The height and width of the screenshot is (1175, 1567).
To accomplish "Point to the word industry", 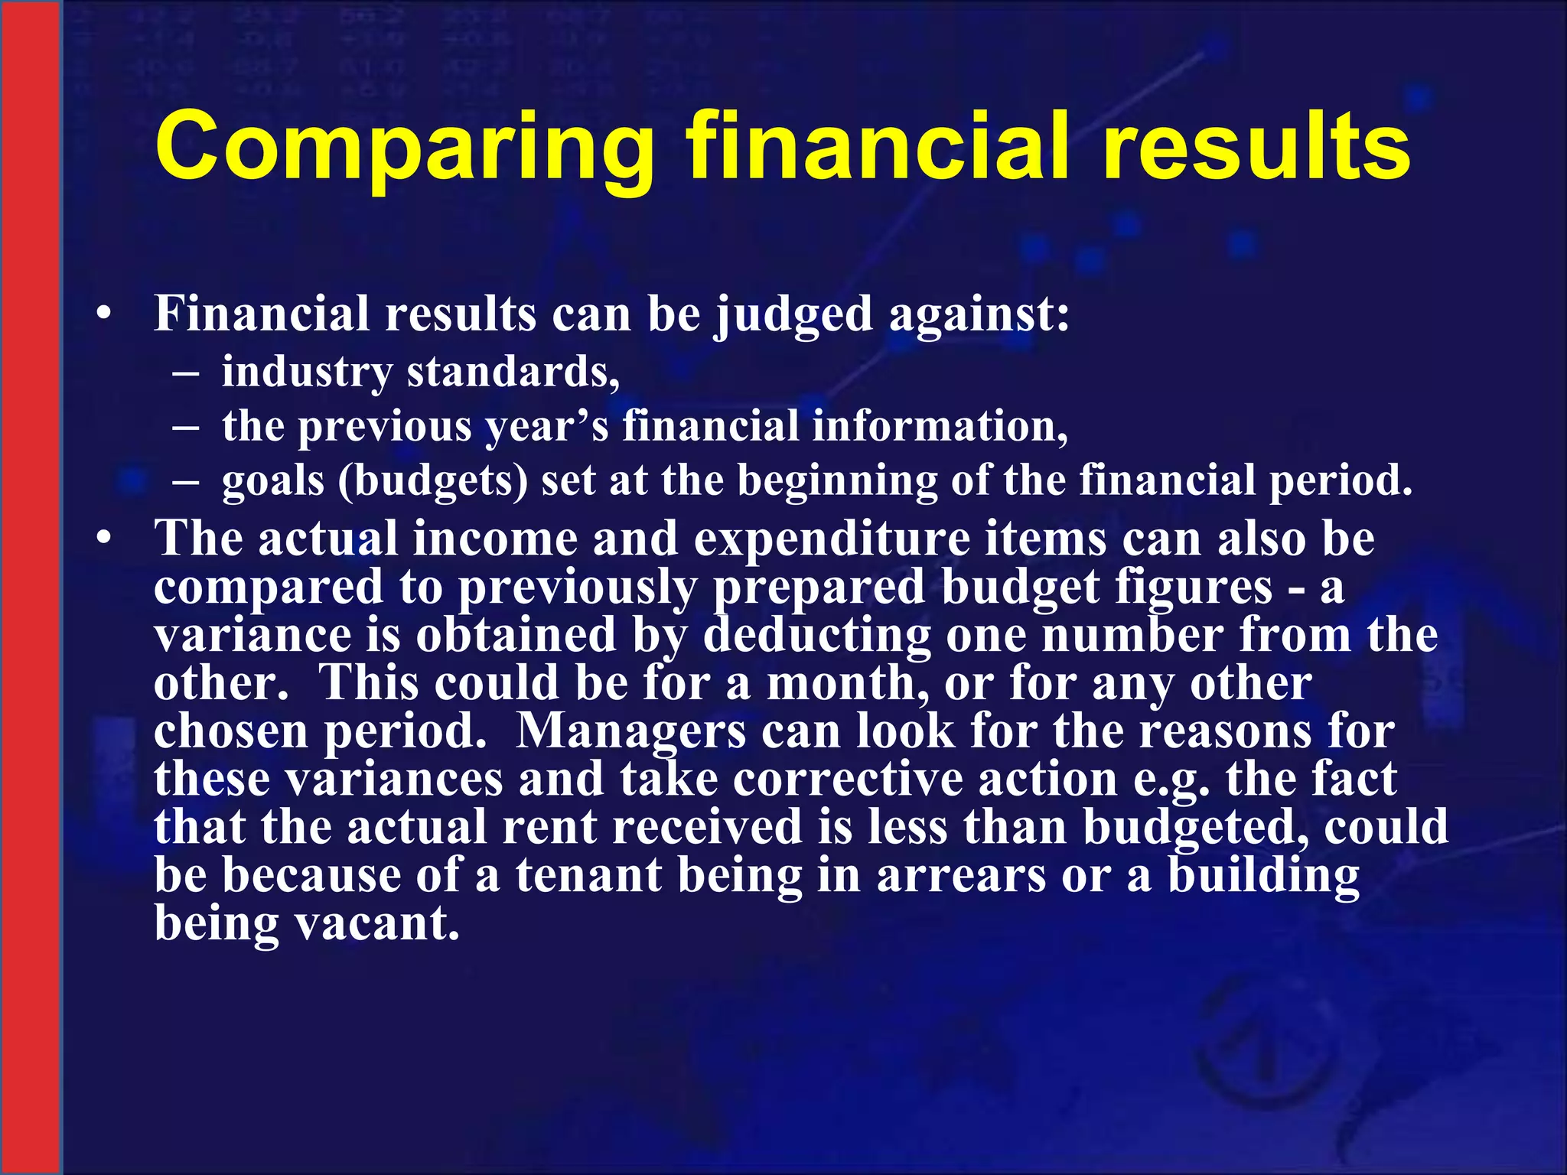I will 307,373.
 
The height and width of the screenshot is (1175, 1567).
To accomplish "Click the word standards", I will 513,373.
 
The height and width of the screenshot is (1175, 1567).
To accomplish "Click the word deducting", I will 817,636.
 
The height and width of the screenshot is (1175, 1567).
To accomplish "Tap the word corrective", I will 848,779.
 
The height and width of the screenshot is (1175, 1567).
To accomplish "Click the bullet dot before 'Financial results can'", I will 105,314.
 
